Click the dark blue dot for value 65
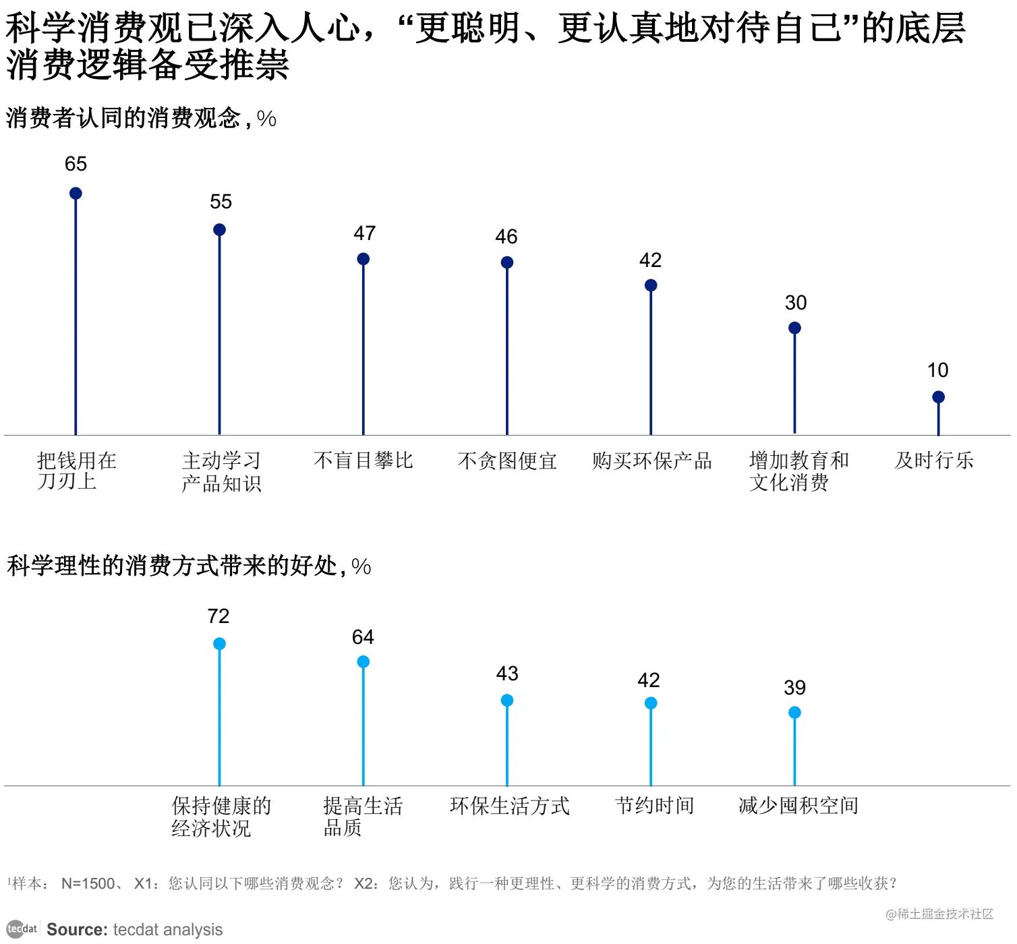coord(76,194)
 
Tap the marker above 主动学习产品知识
coord(219,230)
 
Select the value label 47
coord(364,233)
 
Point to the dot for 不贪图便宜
coord(507,262)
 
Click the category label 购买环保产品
coord(651,461)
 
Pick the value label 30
coord(795,303)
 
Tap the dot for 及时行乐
coord(938,397)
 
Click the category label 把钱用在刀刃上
coord(76,471)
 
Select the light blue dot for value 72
coord(219,644)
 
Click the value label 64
coord(363,637)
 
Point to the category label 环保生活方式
coord(509,806)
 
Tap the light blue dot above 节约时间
coord(651,703)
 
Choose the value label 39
coord(794,688)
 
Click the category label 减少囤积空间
coord(798,806)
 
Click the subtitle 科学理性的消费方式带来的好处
coord(172,566)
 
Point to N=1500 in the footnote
coord(88,883)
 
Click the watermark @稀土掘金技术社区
coord(939,914)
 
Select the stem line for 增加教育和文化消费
coord(794,384)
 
